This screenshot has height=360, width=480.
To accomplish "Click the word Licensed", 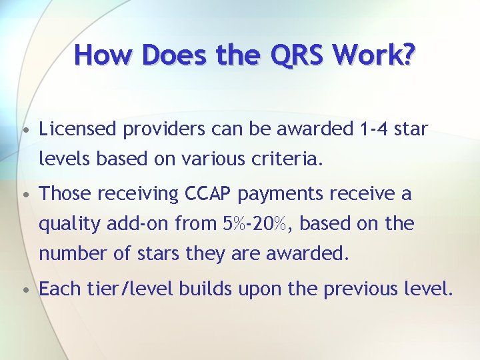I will click(76, 129).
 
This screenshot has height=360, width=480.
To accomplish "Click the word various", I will click(219, 159).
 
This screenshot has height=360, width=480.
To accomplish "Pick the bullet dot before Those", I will click(24, 195).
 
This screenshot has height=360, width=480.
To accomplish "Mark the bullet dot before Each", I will click(24, 291).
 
